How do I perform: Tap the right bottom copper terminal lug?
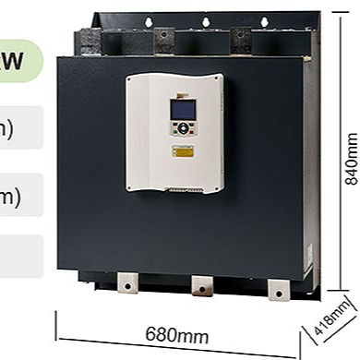[275, 285]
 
